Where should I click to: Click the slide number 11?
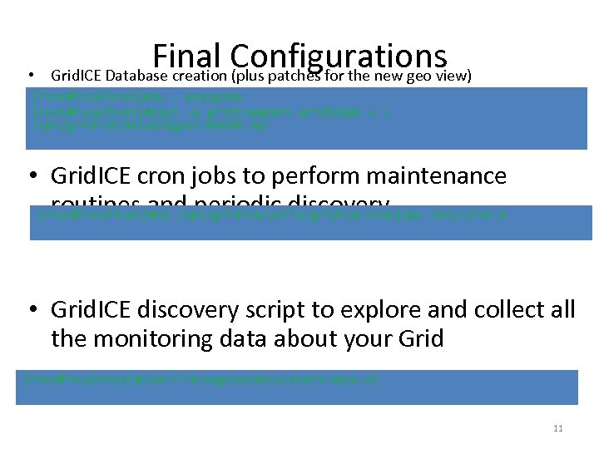tap(557, 428)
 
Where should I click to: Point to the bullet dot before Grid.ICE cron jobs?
tap(37, 176)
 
